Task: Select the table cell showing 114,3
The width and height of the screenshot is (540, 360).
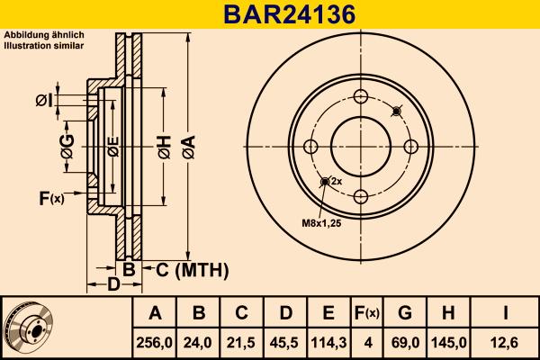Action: click(328, 341)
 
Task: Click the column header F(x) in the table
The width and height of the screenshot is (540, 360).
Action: click(366, 313)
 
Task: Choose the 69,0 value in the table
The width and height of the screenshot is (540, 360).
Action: click(405, 341)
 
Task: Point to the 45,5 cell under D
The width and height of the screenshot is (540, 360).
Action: click(285, 341)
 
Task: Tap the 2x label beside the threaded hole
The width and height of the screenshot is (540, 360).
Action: click(337, 181)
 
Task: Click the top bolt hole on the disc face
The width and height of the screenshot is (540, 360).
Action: click(361, 97)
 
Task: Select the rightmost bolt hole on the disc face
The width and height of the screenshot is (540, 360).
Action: click(410, 147)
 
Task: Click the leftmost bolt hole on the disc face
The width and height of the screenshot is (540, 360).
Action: click(311, 147)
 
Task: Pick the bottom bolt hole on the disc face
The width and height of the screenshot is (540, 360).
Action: click(361, 196)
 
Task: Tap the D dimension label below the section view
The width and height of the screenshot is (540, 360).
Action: click(113, 285)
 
